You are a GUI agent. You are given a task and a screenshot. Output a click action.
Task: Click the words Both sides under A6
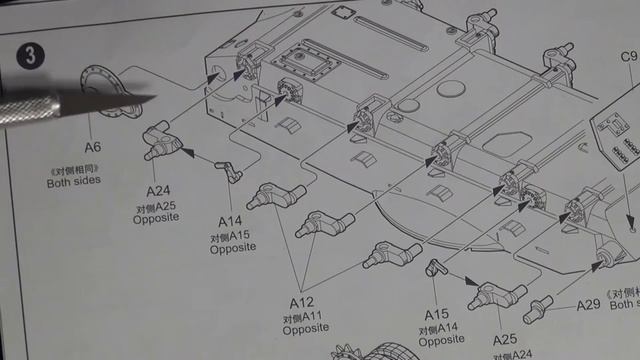73,181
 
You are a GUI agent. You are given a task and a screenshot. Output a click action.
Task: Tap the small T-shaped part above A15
436,267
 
